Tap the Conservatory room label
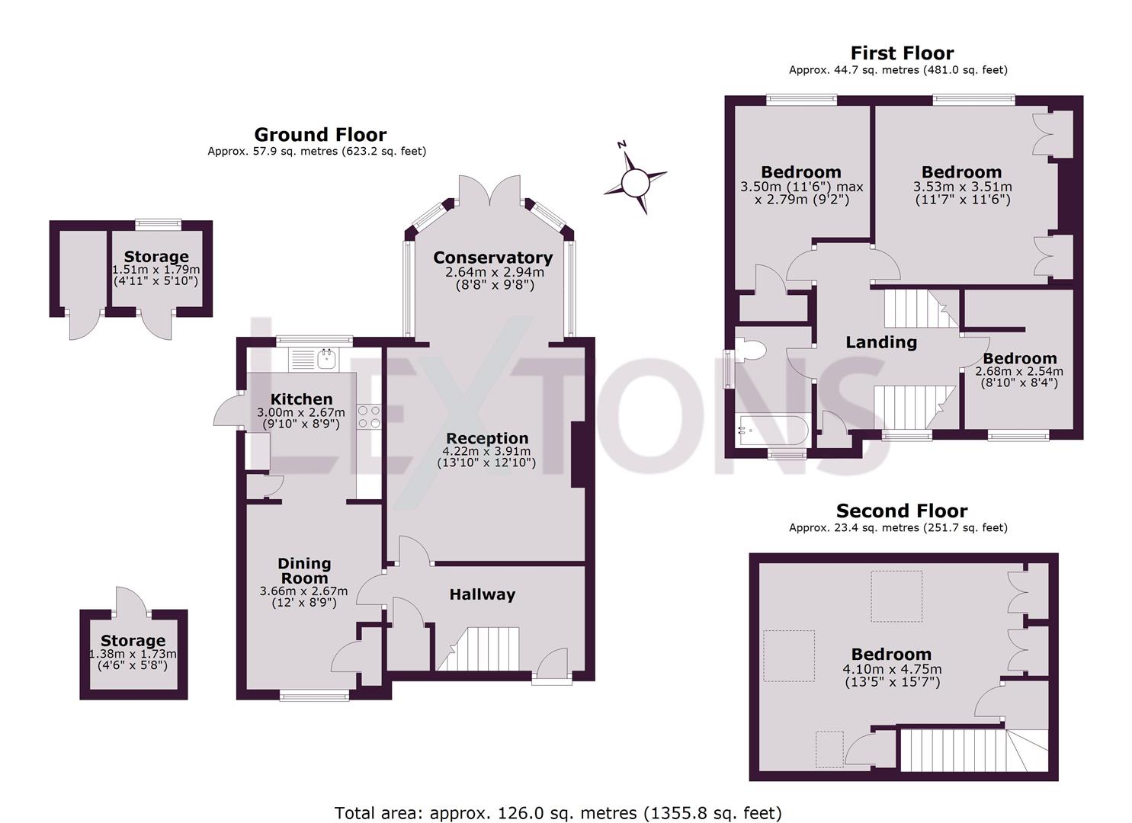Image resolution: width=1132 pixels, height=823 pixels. [492, 258]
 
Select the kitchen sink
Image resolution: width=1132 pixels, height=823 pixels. [327, 357]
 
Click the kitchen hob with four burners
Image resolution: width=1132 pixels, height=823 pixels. [369, 416]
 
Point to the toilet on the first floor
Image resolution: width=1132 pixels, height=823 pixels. [750, 351]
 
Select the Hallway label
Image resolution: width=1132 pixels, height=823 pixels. [482, 594]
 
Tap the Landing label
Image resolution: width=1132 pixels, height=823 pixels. [880, 342]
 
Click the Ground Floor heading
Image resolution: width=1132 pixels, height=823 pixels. [320, 135]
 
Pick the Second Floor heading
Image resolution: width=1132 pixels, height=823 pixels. [901, 511]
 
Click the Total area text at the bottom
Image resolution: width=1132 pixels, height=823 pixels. [558, 813]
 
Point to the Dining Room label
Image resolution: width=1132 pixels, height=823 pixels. [304, 571]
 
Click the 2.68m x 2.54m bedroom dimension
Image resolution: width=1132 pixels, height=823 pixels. [1019, 371]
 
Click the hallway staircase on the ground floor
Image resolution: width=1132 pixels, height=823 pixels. [479, 648]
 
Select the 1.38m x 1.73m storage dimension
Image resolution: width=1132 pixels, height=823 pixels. [133, 654]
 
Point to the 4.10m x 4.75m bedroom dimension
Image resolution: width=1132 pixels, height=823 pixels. [891, 669]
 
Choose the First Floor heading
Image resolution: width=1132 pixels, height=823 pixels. [901, 53]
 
